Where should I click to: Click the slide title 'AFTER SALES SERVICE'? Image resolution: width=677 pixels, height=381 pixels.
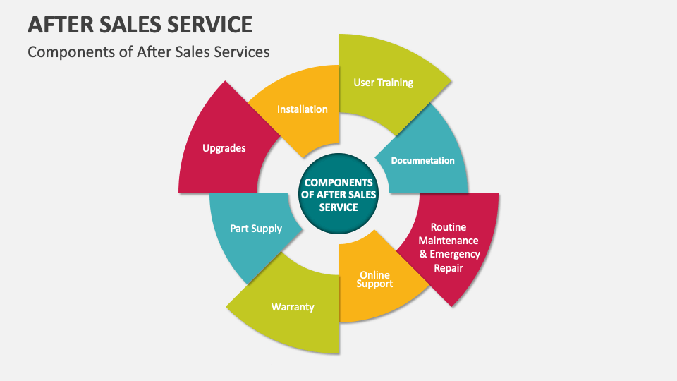(x=140, y=24)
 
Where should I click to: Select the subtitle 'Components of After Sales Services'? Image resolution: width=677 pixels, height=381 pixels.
(x=148, y=52)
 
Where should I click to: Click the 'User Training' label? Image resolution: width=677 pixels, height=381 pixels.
(x=383, y=83)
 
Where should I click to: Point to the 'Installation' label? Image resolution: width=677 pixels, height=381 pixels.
(x=302, y=109)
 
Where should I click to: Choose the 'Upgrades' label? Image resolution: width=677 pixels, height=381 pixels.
(x=224, y=148)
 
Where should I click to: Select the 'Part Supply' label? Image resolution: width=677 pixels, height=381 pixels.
(x=256, y=229)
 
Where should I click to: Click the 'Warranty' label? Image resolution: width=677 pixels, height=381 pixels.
(x=293, y=307)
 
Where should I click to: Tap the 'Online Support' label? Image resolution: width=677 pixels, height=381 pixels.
(x=375, y=279)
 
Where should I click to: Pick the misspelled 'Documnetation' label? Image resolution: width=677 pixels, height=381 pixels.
(x=422, y=160)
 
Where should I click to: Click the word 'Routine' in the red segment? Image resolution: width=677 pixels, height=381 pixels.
(x=449, y=227)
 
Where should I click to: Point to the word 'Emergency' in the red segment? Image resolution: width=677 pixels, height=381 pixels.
(x=455, y=254)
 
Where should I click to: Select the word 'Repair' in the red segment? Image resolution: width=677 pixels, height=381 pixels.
(x=449, y=268)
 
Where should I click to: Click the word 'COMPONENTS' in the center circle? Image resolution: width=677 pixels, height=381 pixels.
(x=338, y=183)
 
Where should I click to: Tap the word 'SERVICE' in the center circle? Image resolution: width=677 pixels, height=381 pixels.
(x=338, y=207)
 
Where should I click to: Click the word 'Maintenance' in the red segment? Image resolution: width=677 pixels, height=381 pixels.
(x=449, y=241)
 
